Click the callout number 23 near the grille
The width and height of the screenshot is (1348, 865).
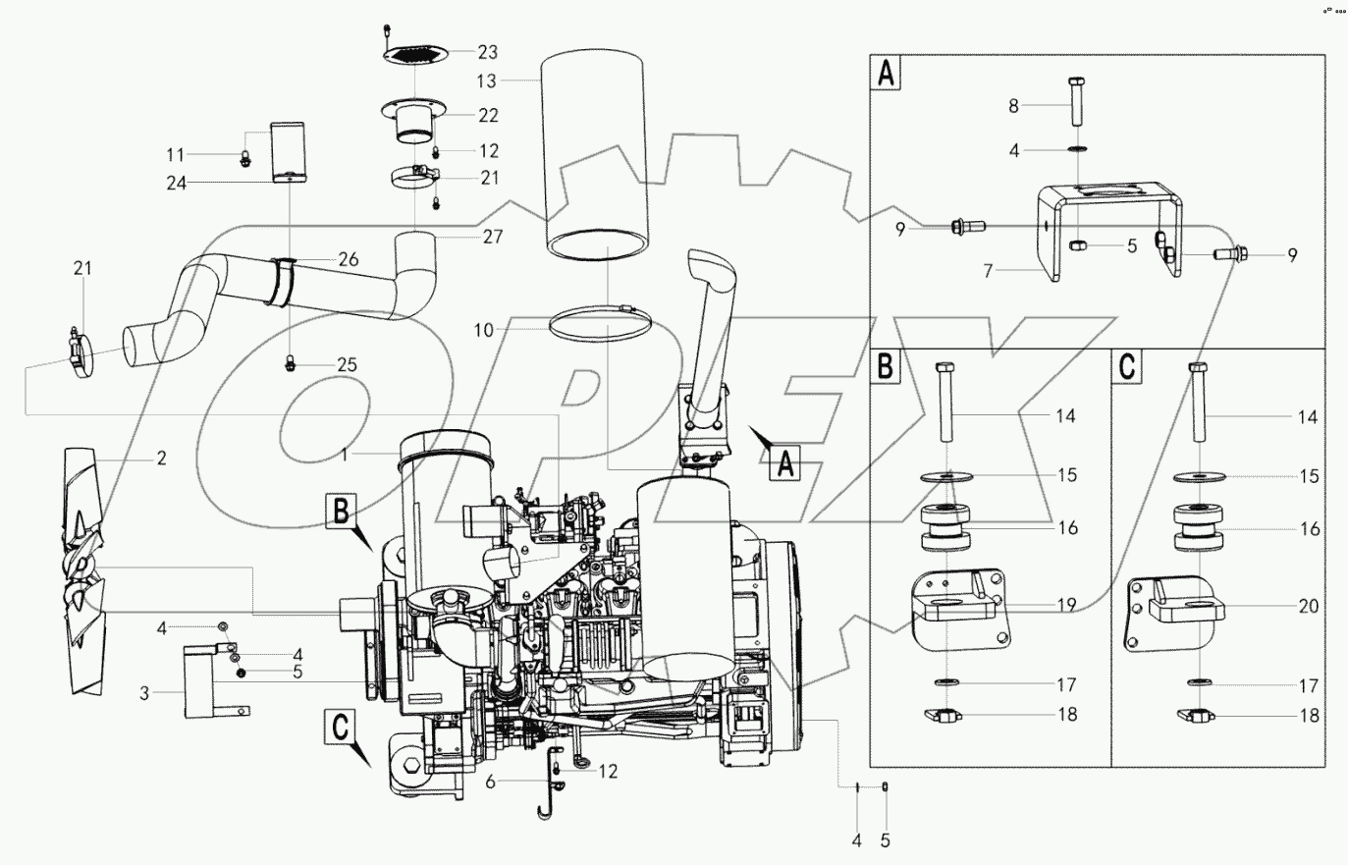point(488,52)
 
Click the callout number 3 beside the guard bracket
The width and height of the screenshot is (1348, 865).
point(144,693)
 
